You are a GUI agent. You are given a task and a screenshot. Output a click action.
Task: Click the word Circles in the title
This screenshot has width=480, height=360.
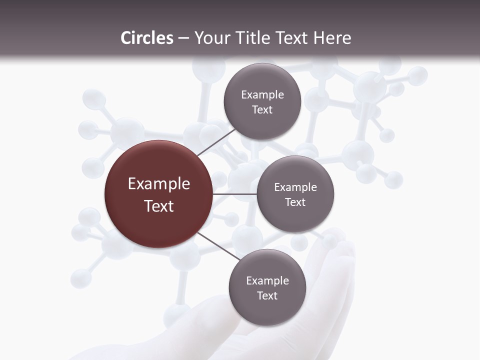pos(146,38)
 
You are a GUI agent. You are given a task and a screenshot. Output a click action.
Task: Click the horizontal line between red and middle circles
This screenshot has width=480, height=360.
pos(235,194)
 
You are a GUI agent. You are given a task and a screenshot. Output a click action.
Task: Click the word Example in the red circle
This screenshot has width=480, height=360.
pos(159,184)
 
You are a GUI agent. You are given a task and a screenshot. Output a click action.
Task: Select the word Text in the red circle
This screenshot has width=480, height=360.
pos(159,206)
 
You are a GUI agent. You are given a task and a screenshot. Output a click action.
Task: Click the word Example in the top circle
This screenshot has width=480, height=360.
pos(262,95)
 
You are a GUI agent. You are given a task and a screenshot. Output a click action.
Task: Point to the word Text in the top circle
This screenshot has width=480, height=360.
pos(262,109)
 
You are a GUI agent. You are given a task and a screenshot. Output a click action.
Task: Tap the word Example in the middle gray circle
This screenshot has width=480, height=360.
pos(295,187)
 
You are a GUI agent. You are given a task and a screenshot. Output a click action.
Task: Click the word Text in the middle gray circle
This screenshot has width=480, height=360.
pos(295,202)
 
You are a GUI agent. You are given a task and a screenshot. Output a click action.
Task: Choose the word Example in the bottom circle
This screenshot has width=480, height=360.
pos(267,281)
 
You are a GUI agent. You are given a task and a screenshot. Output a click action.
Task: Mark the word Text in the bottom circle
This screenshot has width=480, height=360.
pos(267,295)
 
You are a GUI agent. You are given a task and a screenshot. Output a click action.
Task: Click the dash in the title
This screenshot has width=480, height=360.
pos(183,38)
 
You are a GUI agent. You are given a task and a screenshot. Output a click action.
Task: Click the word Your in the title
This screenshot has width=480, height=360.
pos(209,38)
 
